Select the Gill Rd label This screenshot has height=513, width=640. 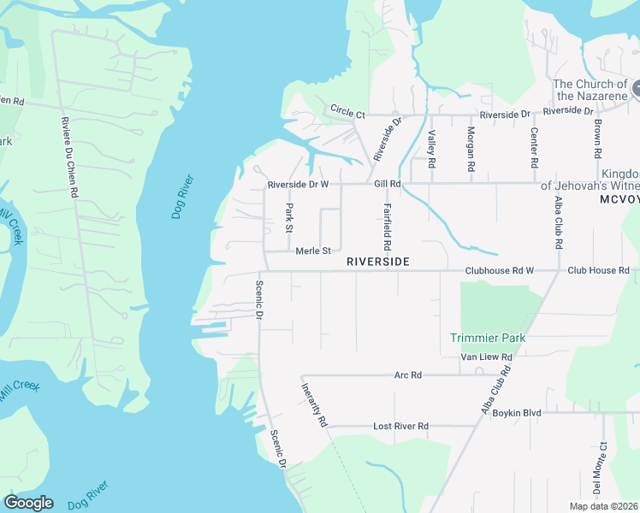[387, 184]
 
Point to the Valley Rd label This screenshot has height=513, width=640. [431, 149]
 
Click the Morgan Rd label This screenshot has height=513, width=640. [470, 149]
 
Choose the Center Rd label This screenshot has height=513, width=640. [534, 148]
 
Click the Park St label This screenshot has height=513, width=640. [289, 218]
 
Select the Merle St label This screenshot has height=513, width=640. [312, 251]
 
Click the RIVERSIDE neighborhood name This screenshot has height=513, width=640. [377, 261]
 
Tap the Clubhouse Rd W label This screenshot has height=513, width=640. [499, 271]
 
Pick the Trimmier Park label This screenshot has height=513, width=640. [488, 338]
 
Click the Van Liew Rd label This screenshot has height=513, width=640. [486, 357]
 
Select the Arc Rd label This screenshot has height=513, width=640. [408, 375]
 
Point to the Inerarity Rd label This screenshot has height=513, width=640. [314, 404]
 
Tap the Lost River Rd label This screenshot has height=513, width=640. [400, 426]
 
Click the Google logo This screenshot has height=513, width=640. [28, 503]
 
